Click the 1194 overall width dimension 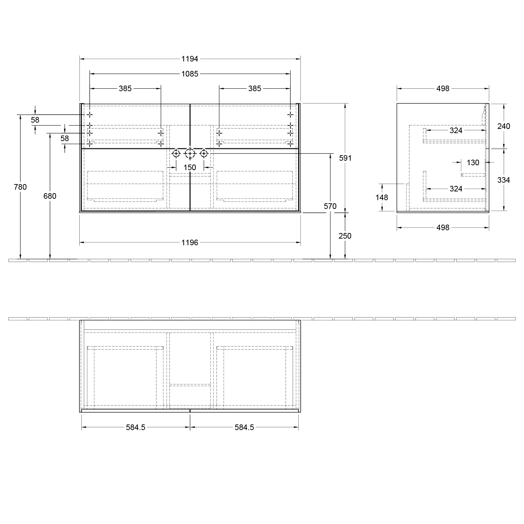[x=190, y=59]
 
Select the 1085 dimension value [x=190, y=74]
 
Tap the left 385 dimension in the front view [x=125, y=88]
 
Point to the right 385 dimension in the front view [x=255, y=88]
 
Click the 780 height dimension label [x=20, y=187]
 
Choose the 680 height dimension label [x=50, y=196]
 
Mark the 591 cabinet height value [x=345, y=158]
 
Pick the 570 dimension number [x=330, y=206]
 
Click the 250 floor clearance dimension [x=345, y=236]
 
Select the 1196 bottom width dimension [x=190, y=242]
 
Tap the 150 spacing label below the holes [x=190, y=167]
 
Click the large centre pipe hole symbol [x=190, y=153]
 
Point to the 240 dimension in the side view [x=503, y=126]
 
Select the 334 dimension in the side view [x=503, y=180]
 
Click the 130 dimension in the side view [x=473, y=162]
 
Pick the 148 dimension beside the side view [x=381, y=197]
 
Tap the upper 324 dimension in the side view [x=456, y=130]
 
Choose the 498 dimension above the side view [x=443, y=88]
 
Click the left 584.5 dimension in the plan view [x=136, y=427]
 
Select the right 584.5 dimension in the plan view [x=244, y=427]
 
